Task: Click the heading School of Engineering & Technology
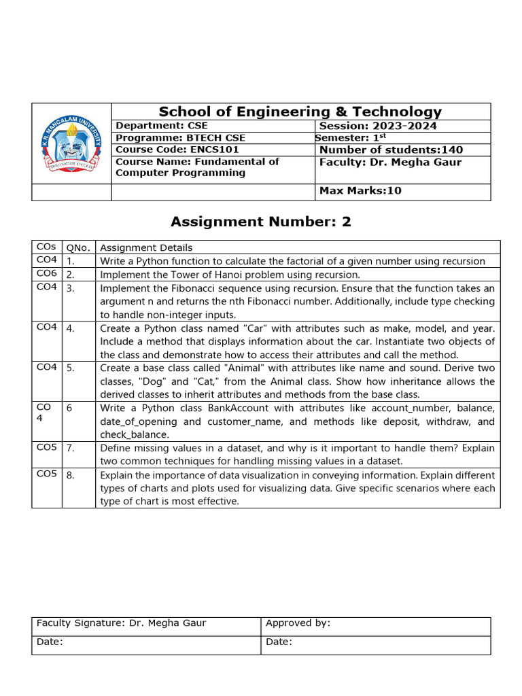coord(300,112)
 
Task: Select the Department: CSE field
coord(162,126)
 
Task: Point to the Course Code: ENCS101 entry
coord(177,150)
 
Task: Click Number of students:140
coord(391,150)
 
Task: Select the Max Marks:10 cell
coord(360,191)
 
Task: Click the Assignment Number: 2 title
coord(261,222)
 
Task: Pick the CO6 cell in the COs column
coord(46,274)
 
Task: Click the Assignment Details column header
coord(146,248)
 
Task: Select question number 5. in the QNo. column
coord(71,368)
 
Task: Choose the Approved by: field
coord(298,623)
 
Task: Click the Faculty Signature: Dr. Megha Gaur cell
coord(121,623)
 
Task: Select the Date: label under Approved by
coord(279,642)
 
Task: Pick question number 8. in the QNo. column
coord(71,475)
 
